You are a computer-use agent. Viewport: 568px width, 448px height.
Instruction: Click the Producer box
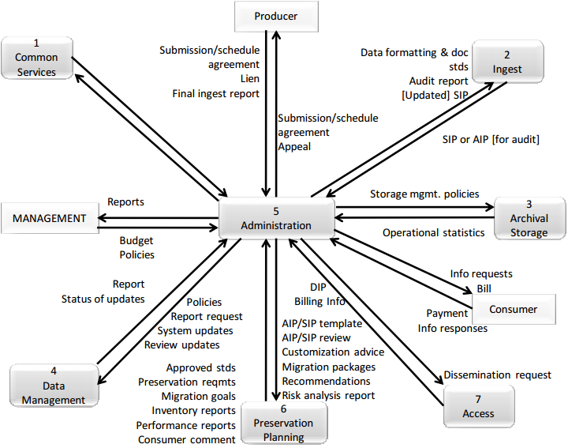[x=275, y=16]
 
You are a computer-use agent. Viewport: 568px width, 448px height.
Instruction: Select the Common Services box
[x=36, y=59]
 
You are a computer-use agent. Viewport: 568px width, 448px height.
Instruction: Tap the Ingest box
[x=507, y=62]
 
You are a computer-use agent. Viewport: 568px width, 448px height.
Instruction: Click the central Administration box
[x=275, y=218]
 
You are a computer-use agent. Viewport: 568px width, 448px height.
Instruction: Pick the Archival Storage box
[x=529, y=219]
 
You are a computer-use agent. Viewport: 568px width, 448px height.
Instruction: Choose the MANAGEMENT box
[x=49, y=218]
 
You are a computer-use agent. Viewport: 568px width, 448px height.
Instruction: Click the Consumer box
[x=513, y=309]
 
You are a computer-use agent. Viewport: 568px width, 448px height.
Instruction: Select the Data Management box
[x=53, y=386]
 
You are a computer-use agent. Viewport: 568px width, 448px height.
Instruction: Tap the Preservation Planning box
[x=282, y=423]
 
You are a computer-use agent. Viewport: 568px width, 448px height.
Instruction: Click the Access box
[x=478, y=406]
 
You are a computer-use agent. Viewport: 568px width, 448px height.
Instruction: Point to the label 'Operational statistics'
[x=433, y=232]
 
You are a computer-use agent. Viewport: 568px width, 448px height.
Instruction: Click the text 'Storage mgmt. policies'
[x=424, y=194]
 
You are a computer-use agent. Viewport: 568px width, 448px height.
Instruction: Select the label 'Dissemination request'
[x=497, y=375]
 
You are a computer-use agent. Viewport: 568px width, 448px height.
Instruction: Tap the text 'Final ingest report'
[x=215, y=93]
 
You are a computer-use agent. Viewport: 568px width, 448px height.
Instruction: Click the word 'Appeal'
[x=294, y=146]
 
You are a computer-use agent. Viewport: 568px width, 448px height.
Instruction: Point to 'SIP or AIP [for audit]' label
[x=491, y=139]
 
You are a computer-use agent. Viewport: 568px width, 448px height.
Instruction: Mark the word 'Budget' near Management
[x=136, y=240]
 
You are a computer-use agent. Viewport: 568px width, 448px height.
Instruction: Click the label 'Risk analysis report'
[x=328, y=395]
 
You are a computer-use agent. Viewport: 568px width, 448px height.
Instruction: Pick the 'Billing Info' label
[x=319, y=301]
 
